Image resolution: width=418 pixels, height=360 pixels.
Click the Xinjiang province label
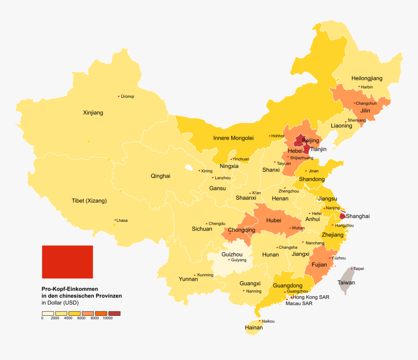pos(93,113)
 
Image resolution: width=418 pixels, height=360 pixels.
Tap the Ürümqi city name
pos(127,96)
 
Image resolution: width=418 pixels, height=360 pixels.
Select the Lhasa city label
pos(122,220)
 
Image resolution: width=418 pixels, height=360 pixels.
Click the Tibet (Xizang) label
pos(89,201)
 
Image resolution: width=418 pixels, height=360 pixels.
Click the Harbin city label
pos(367,87)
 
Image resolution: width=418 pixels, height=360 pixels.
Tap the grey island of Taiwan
pos(347,280)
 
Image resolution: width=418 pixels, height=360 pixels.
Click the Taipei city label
pos(359,269)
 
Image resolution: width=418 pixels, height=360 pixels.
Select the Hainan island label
pos(254,328)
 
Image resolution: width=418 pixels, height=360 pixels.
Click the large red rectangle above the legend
pos(67,262)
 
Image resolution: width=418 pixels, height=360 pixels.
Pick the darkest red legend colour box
pos(114,313)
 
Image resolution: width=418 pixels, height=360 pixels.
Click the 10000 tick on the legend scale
pos(107,318)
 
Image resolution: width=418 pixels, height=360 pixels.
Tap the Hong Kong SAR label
pos(311,297)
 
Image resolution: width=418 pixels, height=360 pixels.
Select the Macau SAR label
pos(299,304)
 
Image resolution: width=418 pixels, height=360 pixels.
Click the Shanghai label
pos(358,216)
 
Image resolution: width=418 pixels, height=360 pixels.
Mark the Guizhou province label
pos(232,254)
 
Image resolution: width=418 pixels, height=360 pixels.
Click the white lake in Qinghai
pos(189,167)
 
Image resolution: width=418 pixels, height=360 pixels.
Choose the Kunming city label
pos(205,275)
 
